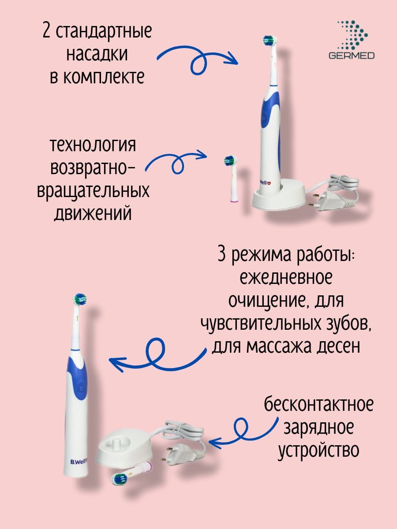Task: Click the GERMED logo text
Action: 352,56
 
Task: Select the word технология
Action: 93,145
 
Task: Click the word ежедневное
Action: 286,278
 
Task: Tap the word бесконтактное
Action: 318,404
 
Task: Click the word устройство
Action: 318,450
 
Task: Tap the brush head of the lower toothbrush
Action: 80,300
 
